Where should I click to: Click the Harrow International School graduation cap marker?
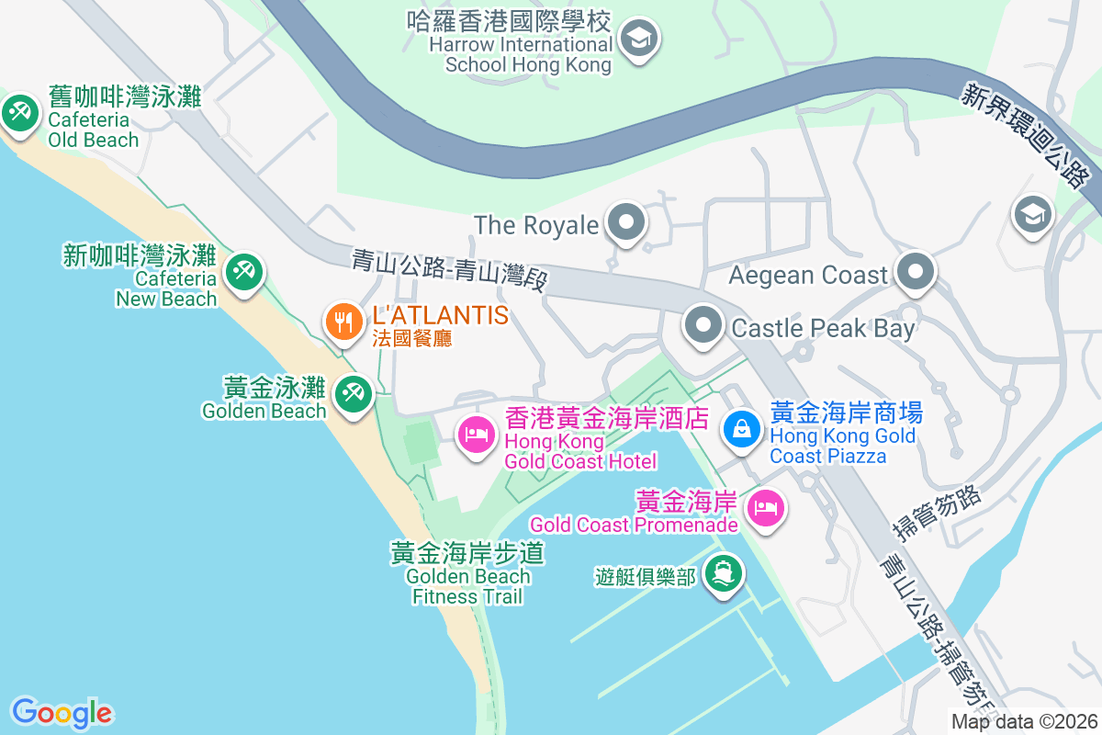(x=636, y=39)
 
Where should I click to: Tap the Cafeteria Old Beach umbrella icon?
(x=17, y=115)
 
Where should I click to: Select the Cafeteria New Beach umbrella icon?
(x=243, y=272)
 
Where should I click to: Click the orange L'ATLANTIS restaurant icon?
(x=343, y=322)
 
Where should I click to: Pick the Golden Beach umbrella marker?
(x=352, y=394)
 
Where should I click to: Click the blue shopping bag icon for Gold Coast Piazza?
(x=740, y=427)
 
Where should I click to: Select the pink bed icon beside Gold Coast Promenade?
(x=765, y=507)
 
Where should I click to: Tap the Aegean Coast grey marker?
(x=916, y=273)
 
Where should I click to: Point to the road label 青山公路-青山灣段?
(x=449, y=269)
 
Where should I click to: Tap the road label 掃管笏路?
(x=938, y=512)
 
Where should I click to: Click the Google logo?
(x=62, y=713)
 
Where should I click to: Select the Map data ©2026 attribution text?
(x=1024, y=722)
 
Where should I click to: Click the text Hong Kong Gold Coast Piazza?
(x=843, y=446)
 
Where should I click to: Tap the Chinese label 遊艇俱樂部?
(x=645, y=577)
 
